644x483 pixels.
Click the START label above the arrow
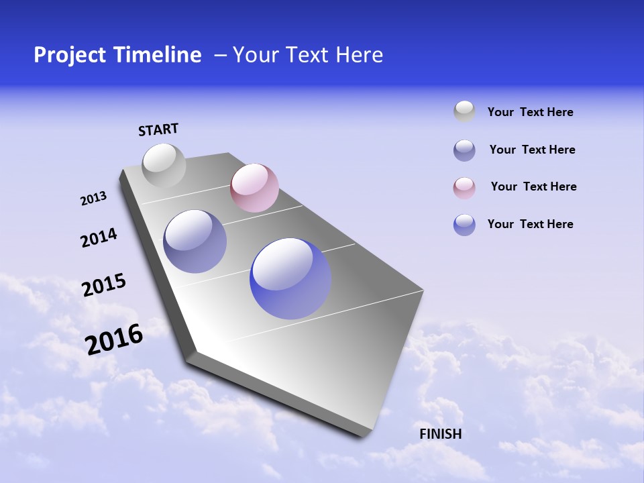point(158,129)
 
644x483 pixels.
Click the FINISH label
point(440,434)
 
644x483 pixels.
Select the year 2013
point(93,199)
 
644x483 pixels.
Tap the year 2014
point(99,237)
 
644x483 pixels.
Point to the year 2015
point(103,285)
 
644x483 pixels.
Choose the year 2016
point(114,339)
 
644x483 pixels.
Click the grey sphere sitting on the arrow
point(164,165)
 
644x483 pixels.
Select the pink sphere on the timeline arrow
point(254,188)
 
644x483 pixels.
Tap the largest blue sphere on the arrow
point(290,278)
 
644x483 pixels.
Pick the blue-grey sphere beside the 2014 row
point(195,241)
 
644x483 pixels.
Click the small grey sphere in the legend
point(464,112)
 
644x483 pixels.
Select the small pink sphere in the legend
point(464,187)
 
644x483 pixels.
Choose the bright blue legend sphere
point(464,225)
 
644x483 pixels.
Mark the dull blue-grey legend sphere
point(464,150)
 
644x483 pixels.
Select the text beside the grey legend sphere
point(530,113)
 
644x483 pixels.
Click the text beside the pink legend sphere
point(533,186)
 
